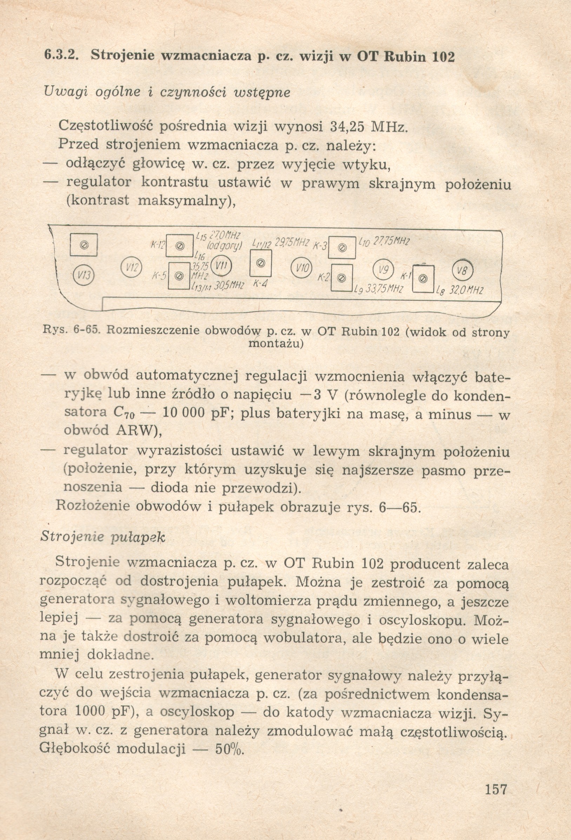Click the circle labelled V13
click(84, 275)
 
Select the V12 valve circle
click(131, 267)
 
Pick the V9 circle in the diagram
click(383, 269)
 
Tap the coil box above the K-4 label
click(261, 264)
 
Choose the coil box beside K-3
click(342, 248)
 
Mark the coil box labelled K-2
click(342, 278)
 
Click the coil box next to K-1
click(423, 279)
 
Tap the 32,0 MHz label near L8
click(466, 290)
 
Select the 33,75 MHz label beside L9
click(384, 289)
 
